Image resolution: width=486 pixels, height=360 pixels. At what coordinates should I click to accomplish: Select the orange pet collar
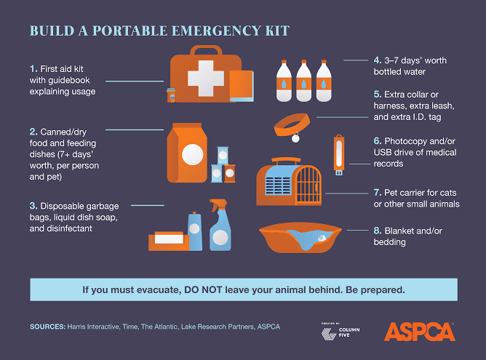(x=292, y=121)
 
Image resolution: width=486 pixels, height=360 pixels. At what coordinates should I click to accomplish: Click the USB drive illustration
(x=339, y=155)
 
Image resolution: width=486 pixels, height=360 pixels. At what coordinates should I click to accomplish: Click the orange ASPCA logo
(x=420, y=332)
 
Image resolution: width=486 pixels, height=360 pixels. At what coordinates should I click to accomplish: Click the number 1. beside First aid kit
(x=35, y=68)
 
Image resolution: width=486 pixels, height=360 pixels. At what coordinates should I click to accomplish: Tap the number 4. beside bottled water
(x=378, y=60)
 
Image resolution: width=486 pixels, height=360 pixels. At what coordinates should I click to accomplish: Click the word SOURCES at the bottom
(x=47, y=327)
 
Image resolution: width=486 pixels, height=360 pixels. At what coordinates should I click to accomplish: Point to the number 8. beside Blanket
(x=378, y=230)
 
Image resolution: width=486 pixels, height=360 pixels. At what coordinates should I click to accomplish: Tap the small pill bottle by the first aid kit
(x=171, y=95)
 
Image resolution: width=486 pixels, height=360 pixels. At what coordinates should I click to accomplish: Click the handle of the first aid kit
(x=201, y=50)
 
